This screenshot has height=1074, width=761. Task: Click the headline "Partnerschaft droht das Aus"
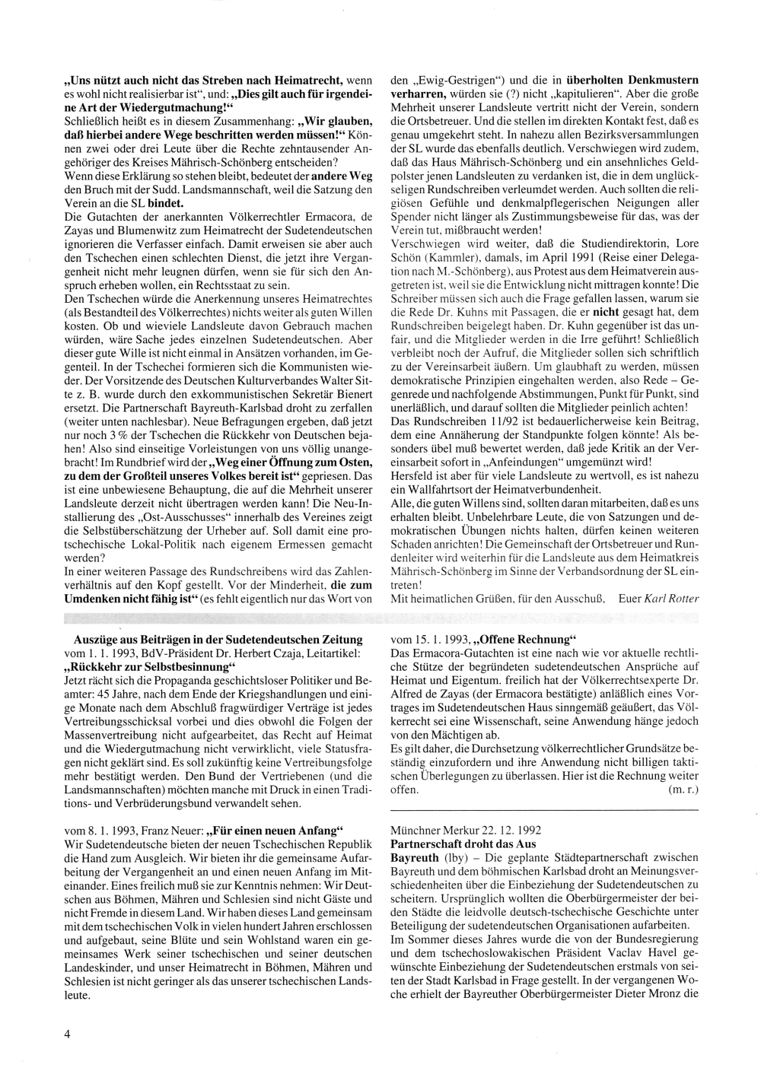tap(463, 844)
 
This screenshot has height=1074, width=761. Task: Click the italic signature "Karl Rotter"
tap(671, 598)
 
